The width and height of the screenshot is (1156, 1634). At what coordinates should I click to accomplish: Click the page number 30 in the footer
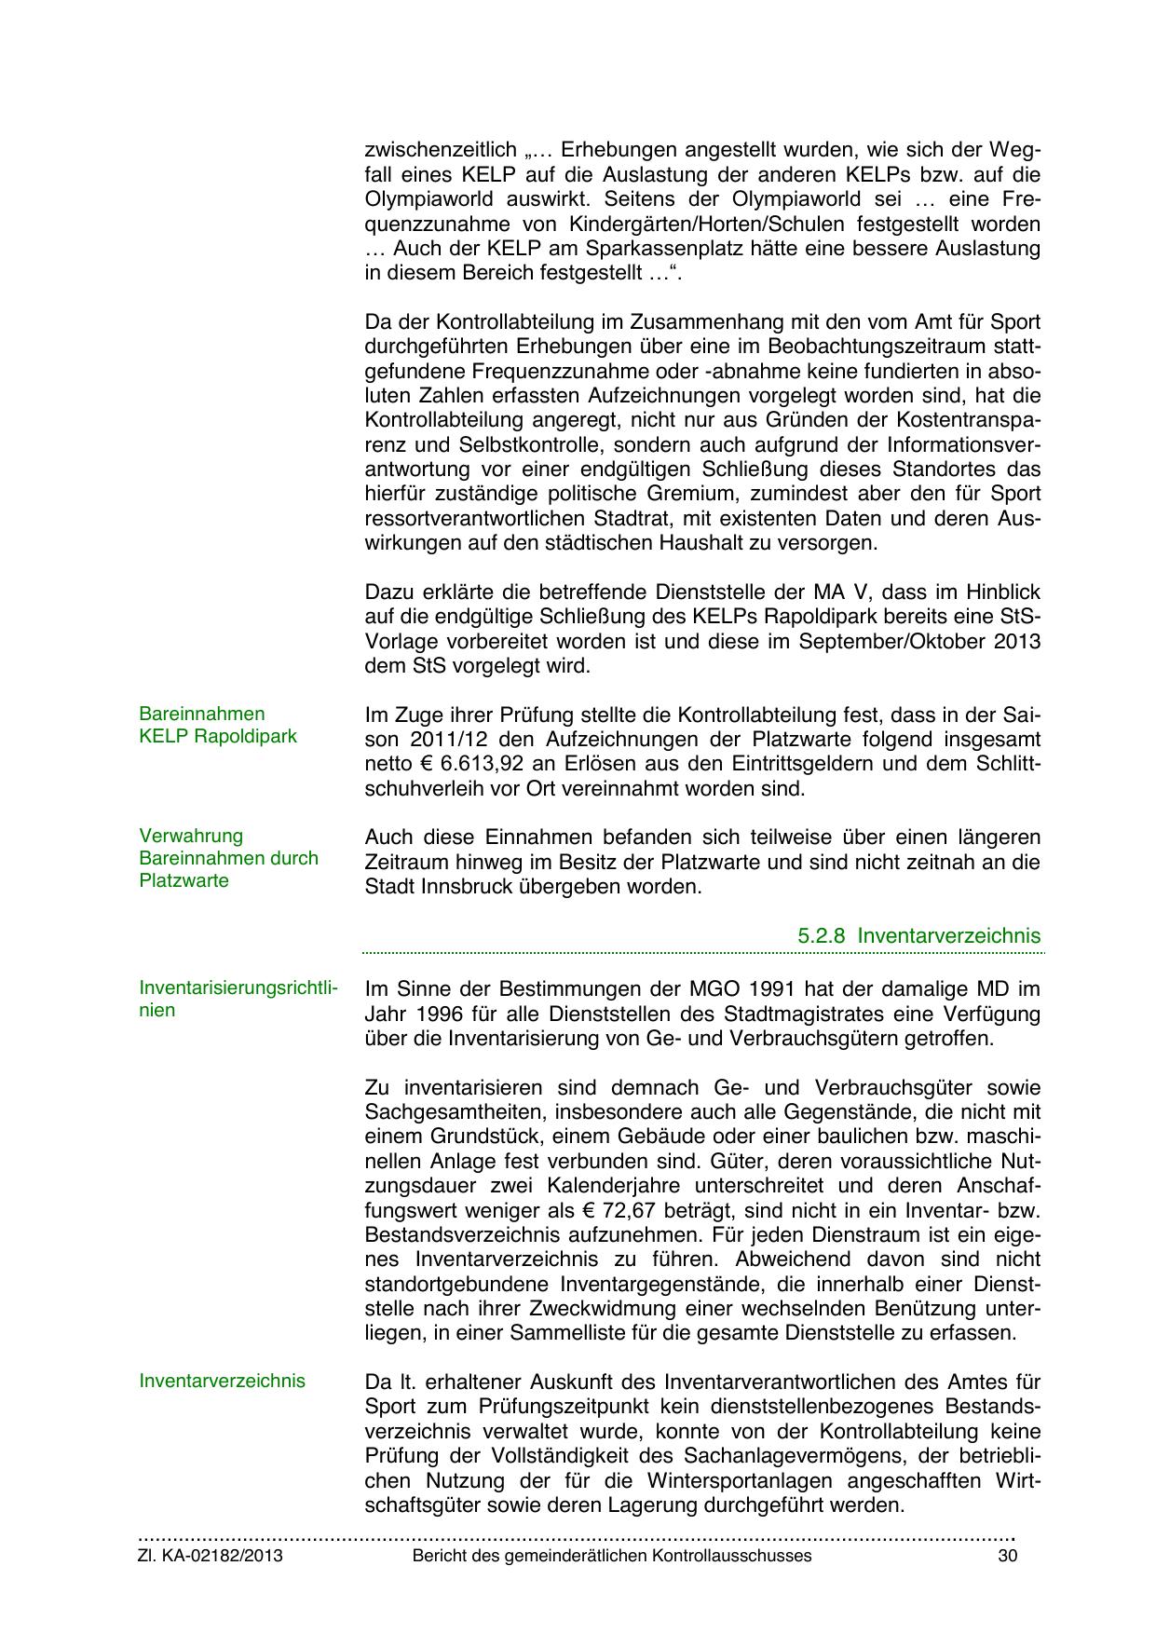[1007, 1556]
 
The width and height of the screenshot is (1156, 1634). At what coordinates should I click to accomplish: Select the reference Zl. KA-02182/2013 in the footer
[211, 1556]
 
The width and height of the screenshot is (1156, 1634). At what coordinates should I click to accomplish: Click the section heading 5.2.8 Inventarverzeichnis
[919, 934]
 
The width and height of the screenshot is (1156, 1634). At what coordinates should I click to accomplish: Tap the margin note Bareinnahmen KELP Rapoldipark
[217, 725]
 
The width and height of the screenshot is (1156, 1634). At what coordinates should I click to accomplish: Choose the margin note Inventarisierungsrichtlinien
[238, 999]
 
